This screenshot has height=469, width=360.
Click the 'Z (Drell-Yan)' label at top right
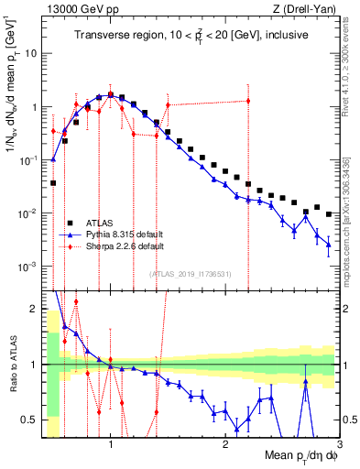point(307,10)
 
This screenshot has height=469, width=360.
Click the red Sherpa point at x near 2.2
point(248,101)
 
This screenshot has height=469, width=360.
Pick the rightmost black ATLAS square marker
point(328,214)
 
